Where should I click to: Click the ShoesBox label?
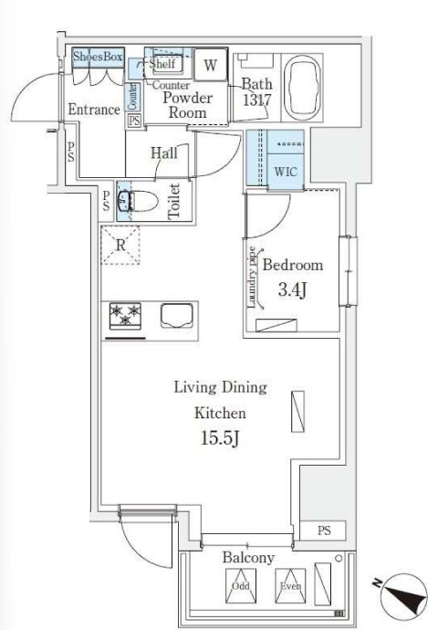pyautogui.click(x=98, y=57)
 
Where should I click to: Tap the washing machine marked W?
pyautogui.click(x=211, y=64)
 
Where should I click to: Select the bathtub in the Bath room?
pyautogui.click(x=302, y=88)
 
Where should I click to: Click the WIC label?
pyautogui.click(x=286, y=172)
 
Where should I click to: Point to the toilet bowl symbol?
pyautogui.click(x=138, y=201)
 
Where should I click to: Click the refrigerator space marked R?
pyautogui.click(x=120, y=245)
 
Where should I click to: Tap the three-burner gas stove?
pyautogui.click(x=125, y=316)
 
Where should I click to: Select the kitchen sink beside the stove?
pyautogui.click(x=177, y=316)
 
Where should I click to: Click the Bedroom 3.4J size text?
pyautogui.click(x=292, y=289)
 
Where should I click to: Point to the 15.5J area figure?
pyautogui.click(x=220, y=438)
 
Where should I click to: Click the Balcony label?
pyautogui.click(x=248, y=557)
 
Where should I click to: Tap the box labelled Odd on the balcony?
pyautogui.click(x=241, y=586)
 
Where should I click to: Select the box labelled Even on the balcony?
pyautogui.click(x=290, y=586)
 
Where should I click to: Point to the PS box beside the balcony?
pyautogui.click(x=324, y=530)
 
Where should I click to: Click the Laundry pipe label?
pyautogui.click(x=252, y=278)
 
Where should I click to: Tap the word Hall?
pyautogui.click(x=164, y=153)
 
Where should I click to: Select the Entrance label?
pyautogui.click(x=94, y=110)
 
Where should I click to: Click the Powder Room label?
pyautogui.click(x=187, y=105)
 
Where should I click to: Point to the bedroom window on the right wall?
pyautogui.click(x=348, y=271)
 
